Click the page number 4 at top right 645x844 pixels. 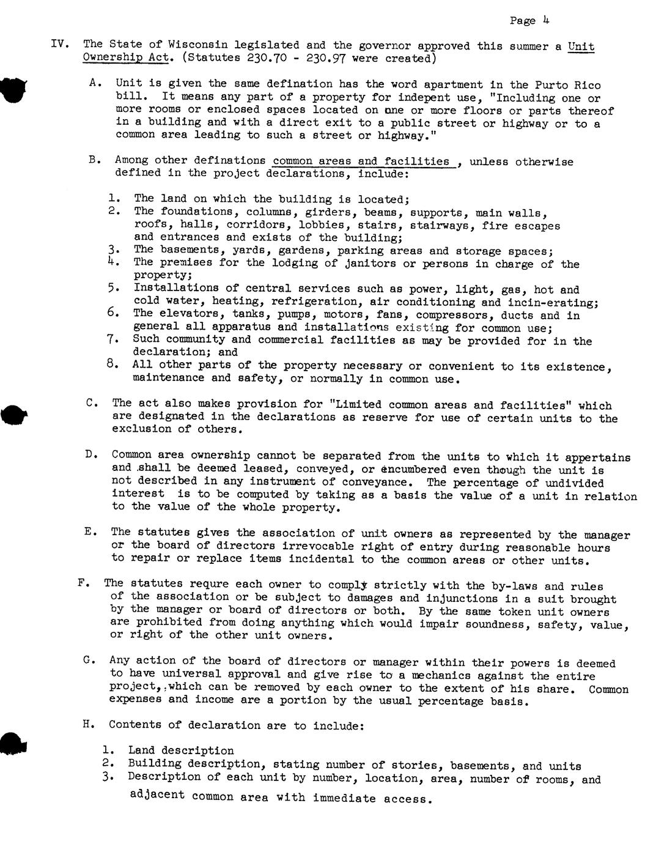(545, 20)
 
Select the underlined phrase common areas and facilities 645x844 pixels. (361, 161)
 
